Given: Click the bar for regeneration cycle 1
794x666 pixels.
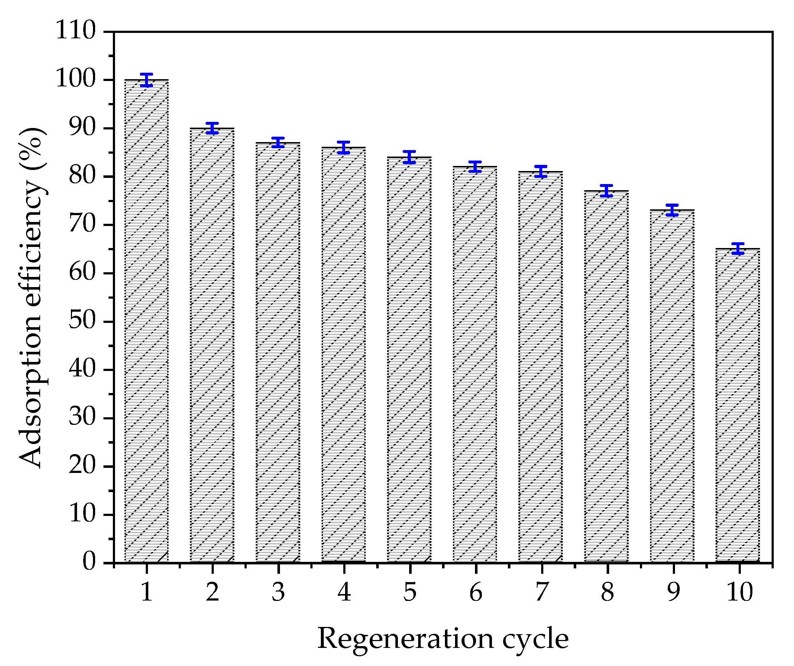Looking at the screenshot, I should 147,321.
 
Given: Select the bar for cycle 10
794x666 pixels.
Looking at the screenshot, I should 738,406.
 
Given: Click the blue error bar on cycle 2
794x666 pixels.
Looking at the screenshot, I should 212,128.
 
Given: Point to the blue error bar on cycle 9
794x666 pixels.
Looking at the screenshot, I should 672,210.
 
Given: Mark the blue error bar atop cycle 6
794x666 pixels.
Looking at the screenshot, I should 475,167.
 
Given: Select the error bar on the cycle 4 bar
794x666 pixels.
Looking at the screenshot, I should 343,147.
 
